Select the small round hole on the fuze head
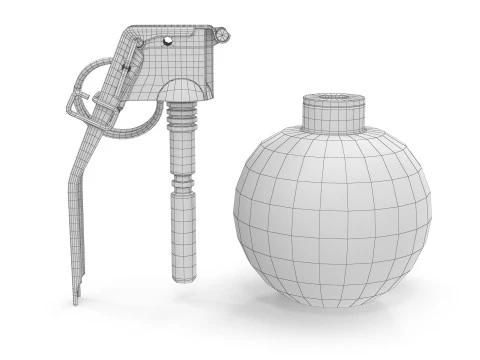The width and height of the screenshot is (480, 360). tap(167, 41)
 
